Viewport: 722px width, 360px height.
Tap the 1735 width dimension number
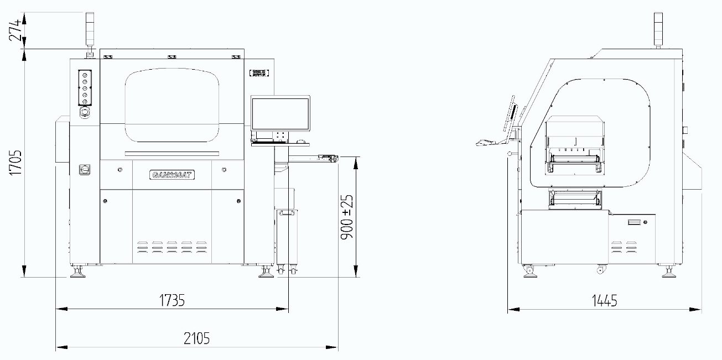click(x=172, y=300)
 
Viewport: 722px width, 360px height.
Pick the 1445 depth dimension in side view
click(x=604, y=301)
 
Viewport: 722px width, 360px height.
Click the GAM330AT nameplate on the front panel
click(x=172, y=175)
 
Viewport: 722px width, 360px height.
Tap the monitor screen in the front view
click(x=280, y=114)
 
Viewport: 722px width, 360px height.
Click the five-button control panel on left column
click(x=85, y=87)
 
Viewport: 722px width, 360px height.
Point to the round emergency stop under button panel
click(x=85, y=112)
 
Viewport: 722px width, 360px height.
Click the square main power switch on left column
click(x=85, y=168)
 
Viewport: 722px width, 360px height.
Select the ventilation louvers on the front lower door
click(x=172, y=246)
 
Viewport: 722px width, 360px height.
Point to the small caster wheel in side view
click(x=600, y=270)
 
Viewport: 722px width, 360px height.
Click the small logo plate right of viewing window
click(x=258, y=72)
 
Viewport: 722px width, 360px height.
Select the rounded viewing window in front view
click(x=172, y=105)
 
